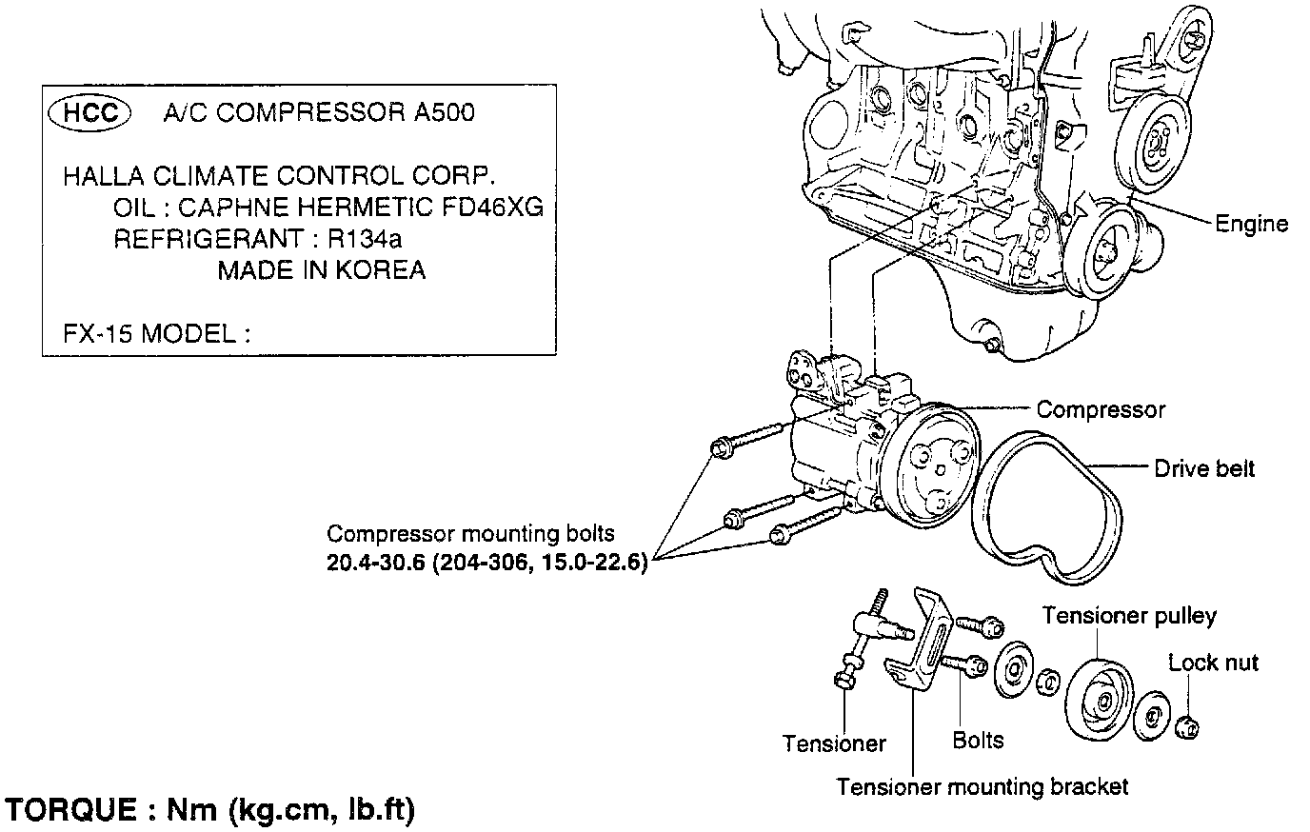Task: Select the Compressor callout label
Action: pos(1100,409)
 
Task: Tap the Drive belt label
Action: pos(1203,468)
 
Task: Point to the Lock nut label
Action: pos(1213,663)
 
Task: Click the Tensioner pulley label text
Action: pos(1128,616)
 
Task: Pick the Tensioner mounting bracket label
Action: pos(982,787)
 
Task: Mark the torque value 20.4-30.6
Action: pos(374,563)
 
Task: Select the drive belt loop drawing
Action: pos(1047,505)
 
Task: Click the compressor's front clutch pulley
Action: pos(928,467)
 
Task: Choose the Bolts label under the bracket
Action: pos(978,740)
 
